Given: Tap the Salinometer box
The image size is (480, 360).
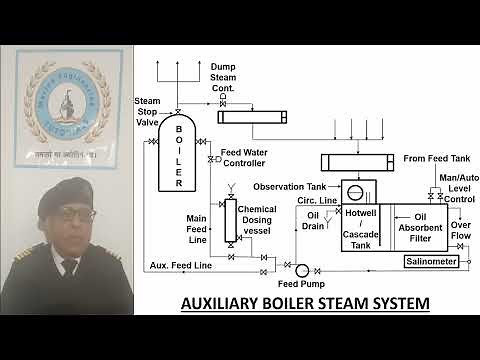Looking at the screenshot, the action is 431,262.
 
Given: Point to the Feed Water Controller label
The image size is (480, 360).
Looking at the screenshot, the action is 243,157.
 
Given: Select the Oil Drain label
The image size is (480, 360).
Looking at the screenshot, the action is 315,220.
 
